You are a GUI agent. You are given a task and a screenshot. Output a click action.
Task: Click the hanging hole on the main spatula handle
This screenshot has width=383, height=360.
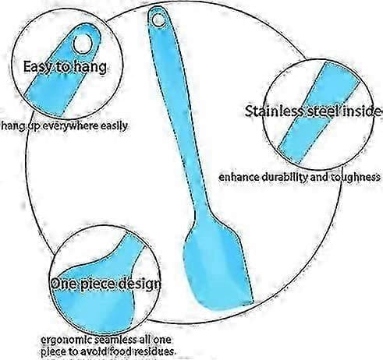(158, 19)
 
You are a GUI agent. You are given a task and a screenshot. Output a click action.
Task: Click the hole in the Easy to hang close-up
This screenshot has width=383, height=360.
(83, 43)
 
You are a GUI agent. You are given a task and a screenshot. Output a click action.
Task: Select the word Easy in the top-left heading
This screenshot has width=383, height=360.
(37, 67)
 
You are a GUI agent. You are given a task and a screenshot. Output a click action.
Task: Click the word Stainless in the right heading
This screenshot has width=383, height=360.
(275, 111)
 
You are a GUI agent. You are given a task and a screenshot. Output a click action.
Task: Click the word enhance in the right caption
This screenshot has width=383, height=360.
(239, 178)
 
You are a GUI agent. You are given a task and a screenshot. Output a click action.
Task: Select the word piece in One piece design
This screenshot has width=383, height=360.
(97, 284)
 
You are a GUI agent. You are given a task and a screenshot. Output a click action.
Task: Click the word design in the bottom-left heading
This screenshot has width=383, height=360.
(138, 284)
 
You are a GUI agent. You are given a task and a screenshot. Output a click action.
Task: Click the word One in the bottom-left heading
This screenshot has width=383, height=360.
(64, 284)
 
